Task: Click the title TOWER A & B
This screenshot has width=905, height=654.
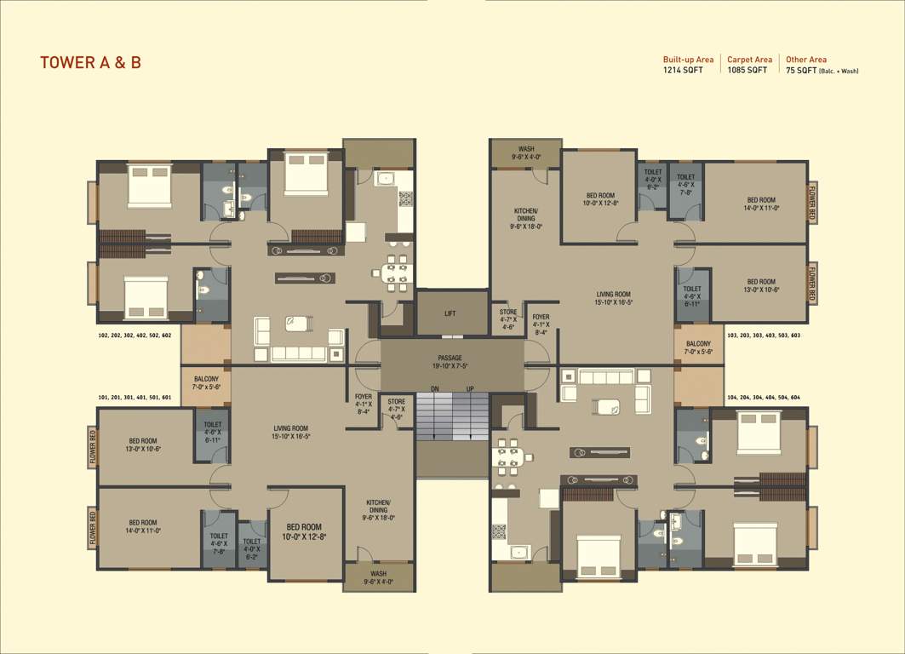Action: coord(90,62)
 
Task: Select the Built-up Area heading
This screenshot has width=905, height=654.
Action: coord(688,60)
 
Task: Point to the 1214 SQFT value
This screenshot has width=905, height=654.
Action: coord(683,71)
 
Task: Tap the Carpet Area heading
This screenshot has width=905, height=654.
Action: coord(749,60)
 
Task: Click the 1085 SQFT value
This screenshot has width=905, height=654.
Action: coord(747,71)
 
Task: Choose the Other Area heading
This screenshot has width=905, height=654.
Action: coord(805,60)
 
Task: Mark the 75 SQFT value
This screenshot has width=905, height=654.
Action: coord(800,71)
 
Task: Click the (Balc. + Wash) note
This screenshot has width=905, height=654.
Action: coord(838,72)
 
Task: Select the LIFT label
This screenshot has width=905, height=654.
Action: coord(450,313)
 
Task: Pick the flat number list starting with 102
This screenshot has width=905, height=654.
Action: coord(135,336)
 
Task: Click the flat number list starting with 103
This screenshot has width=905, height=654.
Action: coord(763,336)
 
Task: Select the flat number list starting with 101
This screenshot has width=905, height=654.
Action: coord(135,398)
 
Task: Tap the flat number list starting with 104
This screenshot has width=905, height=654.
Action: coord(763,398)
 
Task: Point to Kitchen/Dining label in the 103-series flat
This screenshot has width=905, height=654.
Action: coord(526,218)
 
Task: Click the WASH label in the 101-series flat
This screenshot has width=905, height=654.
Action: coord(378,577)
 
